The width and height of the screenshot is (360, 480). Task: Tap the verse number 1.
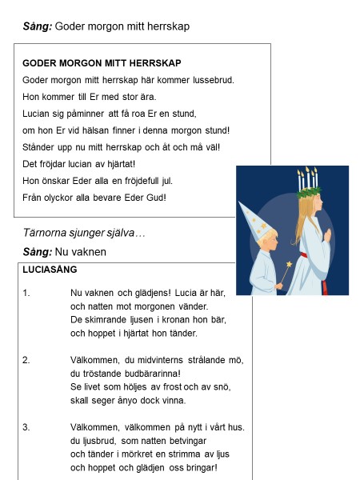(26, 293)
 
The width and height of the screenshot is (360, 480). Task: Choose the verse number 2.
(26, 360)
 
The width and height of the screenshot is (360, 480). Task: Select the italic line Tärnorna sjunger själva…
(83, 233)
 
